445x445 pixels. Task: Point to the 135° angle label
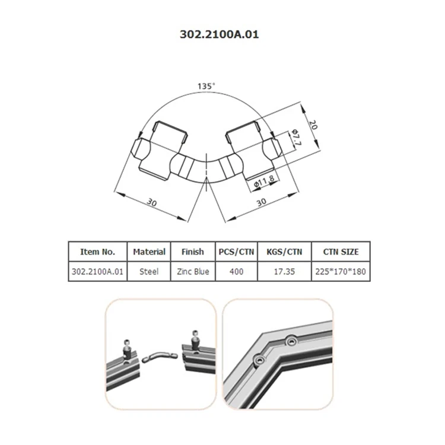coord(206,86)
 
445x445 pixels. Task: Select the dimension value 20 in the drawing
coord(313,125)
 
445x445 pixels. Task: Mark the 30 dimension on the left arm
coord(151,202)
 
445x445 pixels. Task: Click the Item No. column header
coord(97,252)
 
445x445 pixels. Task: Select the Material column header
coord(149,252)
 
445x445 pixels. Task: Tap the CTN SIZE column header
coord(342,252)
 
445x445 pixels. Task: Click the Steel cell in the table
coord(149,272)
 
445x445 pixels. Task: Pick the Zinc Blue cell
coord(193,272)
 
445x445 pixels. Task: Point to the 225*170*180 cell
coord(342,272)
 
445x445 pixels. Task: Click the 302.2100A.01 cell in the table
coord(97,272)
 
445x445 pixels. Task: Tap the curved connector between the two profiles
coord(160,357)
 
